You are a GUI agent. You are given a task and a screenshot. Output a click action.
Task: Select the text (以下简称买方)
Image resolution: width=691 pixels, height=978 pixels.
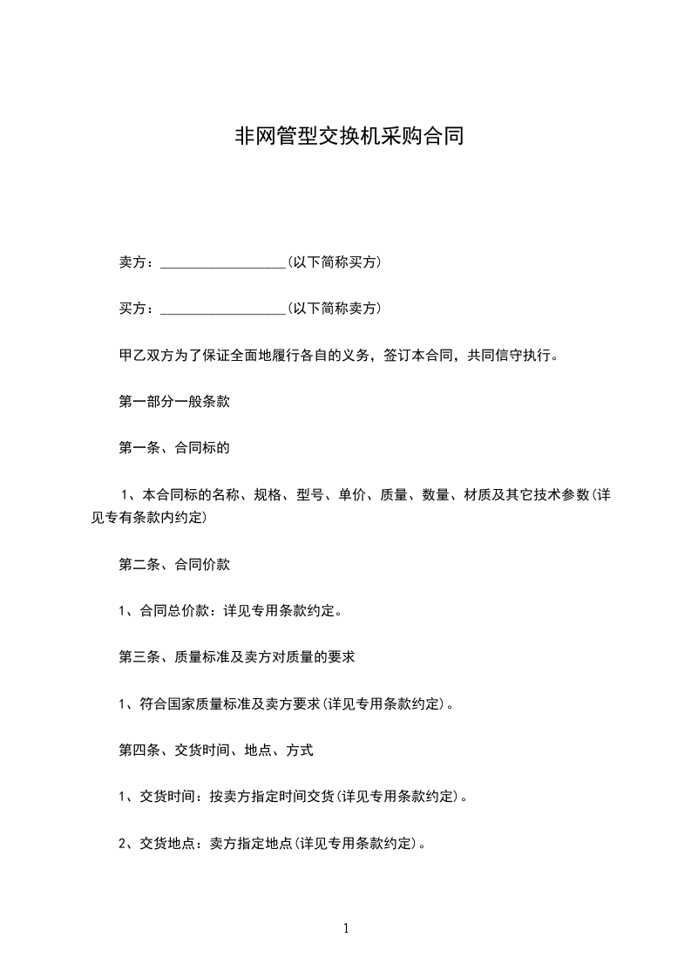click(x=334, y=261)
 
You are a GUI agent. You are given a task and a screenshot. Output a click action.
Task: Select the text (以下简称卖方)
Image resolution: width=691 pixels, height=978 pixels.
click(x=334, y=309)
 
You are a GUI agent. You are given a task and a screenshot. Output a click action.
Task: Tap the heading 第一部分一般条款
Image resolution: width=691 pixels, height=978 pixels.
click(x=173, y=402)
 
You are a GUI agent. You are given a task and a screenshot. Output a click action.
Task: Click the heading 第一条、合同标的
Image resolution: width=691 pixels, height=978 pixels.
click(x=173, y=449)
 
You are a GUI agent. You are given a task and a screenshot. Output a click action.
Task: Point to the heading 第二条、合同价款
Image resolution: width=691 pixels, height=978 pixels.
click(x=173, y=564)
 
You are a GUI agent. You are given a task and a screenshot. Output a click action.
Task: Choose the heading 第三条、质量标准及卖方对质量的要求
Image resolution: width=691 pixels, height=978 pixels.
click(x=236, y=656)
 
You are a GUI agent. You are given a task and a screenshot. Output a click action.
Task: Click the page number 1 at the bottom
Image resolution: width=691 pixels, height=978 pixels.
click(x=346, y=928)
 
